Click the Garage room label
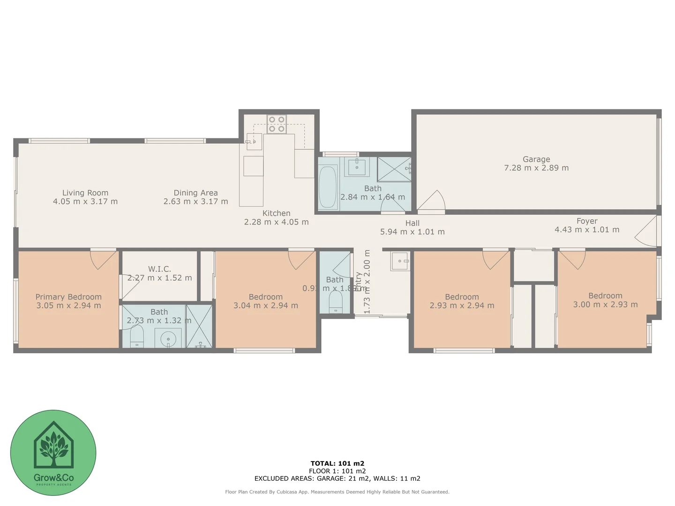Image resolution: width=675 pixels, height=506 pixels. pyautogui.click(x=536, y=159)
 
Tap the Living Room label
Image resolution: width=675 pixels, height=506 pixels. pyautogui.click(x=85, y=193)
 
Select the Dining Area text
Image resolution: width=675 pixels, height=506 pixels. pyautogui.click(x=195, y=193)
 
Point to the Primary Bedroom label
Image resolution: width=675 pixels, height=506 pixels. pyautogui.click(x=68, y=297)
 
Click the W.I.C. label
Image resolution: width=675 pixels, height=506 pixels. pyautogui.click(x=159, y=269)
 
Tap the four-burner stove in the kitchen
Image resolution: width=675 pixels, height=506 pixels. pyautogui.click(x=277, y=124)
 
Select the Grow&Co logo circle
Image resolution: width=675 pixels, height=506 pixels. pyautogui.click(x=53, y=453)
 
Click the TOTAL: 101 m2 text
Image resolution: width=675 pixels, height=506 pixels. pyautogui.click(x=337, y=463)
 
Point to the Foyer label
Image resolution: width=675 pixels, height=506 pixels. pyautogui.click(x=587, y=221)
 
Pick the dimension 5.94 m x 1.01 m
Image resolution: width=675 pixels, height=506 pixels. pyautogui.click(x=412, y=232)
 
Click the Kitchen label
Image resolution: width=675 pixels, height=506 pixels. pyautogui.click(x=276, y=213)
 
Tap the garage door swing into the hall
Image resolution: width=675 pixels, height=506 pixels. pyautogui.click(x=432, y=201)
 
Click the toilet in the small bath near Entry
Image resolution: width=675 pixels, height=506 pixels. pyautogui.click(x=336, y=302)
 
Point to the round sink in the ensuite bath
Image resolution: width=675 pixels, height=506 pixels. pyautogui.click(x=168, y=339)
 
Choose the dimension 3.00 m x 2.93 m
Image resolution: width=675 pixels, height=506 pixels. pyautogui.click(x=605, y=305)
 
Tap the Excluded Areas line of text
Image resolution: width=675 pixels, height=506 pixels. pyautogui.click(x=337, y=478)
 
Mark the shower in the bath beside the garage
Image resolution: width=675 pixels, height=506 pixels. pyautogui.click(x=394, y=169)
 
